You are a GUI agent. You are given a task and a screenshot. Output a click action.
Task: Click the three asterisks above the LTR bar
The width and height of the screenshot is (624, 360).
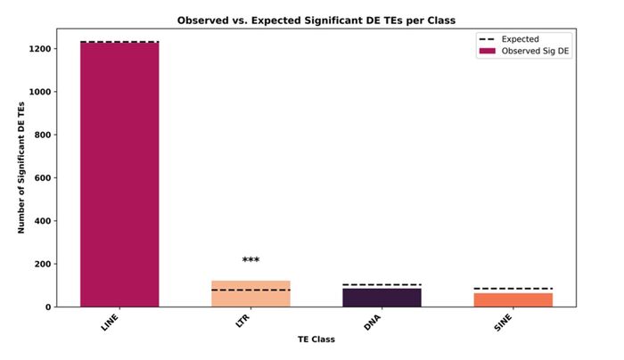(250, 261)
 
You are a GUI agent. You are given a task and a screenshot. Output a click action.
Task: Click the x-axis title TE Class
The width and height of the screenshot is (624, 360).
(316, 340)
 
